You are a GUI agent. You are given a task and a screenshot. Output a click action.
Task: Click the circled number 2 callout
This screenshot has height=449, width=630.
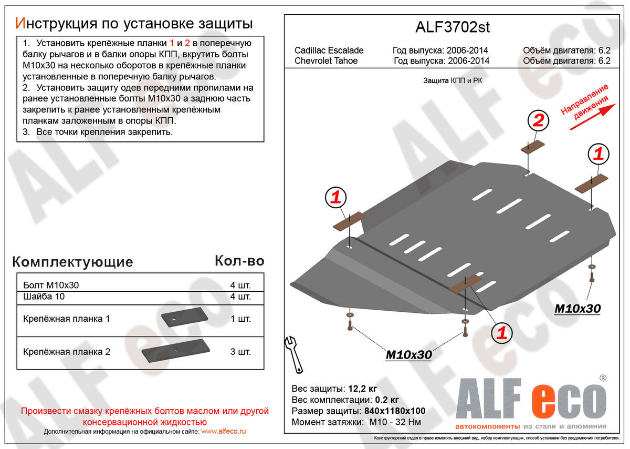pos(538,121)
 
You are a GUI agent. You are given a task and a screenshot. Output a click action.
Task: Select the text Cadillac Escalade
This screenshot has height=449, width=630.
pos(329,50)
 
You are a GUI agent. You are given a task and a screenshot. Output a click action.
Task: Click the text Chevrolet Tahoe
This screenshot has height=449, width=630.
pos(326,60)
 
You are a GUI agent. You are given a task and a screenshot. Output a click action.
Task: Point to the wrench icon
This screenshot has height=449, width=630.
pos(293,353)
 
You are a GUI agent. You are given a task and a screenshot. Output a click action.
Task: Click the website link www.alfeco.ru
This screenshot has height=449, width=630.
pos(224,431)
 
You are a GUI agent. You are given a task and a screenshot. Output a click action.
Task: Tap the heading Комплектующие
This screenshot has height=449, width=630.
pos(72,262)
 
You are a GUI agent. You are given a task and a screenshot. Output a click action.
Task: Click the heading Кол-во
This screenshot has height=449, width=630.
pos(239,261)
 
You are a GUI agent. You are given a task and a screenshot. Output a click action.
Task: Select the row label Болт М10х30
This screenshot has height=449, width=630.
pos(51,285)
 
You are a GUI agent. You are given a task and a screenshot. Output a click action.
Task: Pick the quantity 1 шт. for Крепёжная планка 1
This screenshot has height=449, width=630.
pos(240,319)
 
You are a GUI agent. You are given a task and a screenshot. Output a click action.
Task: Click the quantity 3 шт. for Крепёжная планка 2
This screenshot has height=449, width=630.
pos(240,352)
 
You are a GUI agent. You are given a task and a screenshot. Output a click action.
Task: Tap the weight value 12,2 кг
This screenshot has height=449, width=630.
pos(362,389)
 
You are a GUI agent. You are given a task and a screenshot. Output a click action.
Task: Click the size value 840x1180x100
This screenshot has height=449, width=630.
pos(395,411)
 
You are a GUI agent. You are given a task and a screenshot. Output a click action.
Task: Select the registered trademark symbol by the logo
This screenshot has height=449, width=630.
pos(603,378)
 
